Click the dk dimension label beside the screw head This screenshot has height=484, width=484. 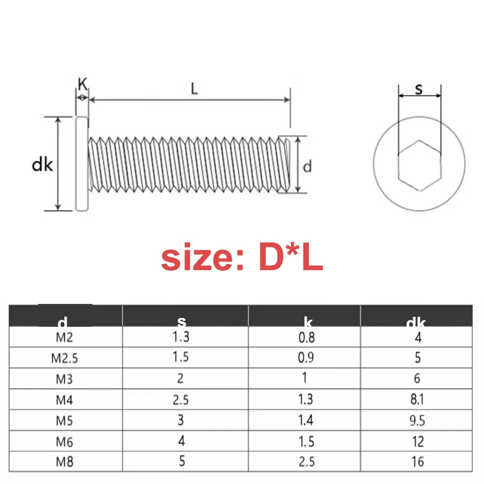click(42, 165)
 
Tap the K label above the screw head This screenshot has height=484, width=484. click(83, 85)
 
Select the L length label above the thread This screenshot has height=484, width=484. click(194, 89)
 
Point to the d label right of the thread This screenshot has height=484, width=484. click(307, 166)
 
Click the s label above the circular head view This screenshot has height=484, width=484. click(419, 89)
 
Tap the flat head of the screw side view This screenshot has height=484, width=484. click(82, 164)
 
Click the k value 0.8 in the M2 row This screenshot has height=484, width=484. click(306, 337)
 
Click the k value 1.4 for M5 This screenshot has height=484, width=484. click(306, 420)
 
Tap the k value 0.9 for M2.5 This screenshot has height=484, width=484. click(306, 358)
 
